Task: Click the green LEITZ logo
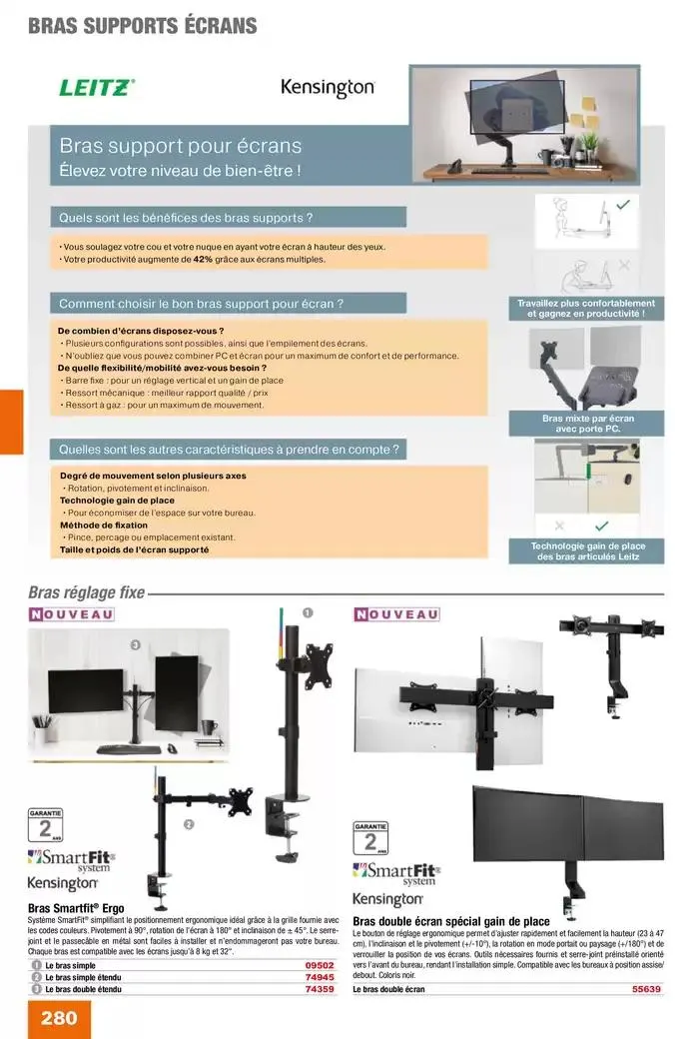click(x=97, y=88)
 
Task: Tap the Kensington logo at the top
click(x=328, y=88)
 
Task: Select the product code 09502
click(x=319, y=966)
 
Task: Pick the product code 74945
click(x=319, y=977)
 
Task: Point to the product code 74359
click(x=319, y=988)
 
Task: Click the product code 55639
click(x=647, y=989)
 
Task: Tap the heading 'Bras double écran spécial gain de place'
click(x=450, y=921)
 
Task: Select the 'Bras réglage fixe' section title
click(x=87, y=592)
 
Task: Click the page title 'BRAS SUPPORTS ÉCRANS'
click(x=142, y=26)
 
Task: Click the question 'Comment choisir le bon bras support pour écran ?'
click(x=202, y=303)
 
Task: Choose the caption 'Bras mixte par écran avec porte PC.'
click(x=588, y=424)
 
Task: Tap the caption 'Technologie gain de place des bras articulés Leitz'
click(x=587, y=551)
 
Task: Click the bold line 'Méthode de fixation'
click(x=104, y=524)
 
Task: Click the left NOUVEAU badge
click(x=71, y=614)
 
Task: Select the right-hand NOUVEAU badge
click(x=397, y=614)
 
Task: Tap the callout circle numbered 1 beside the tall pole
click(x=308, y=612)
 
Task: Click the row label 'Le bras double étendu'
click(x=83, y=988)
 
